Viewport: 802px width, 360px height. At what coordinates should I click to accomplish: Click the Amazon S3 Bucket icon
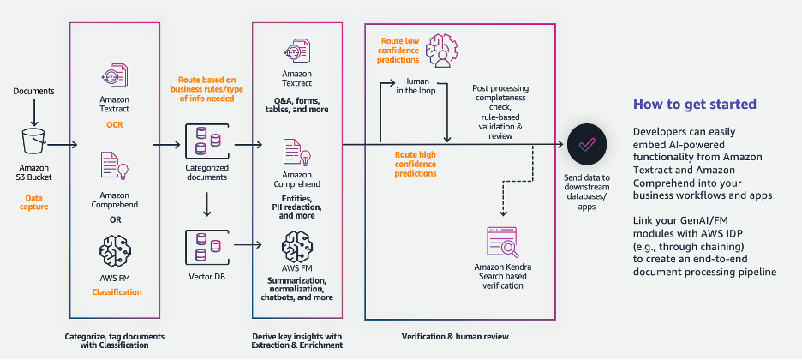pyautogui.click(x=33, y=142)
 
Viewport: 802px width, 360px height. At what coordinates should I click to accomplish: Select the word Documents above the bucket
pyautogui.click(x=33, y=91)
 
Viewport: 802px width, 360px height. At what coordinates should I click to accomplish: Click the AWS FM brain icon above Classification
pyautogui.click(x=114, y=253)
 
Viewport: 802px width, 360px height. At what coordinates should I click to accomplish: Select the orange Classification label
pyautogui.click(x=114, y=292)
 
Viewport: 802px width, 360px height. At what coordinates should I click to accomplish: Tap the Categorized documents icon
pyautogui.click(x=206, y=140)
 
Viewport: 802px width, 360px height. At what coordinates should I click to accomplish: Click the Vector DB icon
pyautogui.click(x=206, y=246)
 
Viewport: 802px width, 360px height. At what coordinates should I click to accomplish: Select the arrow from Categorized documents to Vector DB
pyautogui.click(x=206, y=202)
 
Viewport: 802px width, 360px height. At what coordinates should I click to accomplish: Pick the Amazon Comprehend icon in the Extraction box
pyautogui.click(x=296, y=158)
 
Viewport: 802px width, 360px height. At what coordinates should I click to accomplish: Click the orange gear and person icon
pyautogui.click(x=446, y=52)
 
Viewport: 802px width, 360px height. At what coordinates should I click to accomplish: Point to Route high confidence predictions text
pyautogui.click(x=416, y=164)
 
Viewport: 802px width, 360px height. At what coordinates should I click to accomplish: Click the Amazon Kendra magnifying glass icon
pyautogui.click(x=503, y=243)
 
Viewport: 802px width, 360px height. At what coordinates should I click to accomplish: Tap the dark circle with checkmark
pyautogui.click(x=585, y=145)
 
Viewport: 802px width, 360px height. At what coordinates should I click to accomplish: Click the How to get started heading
pyautogui.click(x=694, y=105)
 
